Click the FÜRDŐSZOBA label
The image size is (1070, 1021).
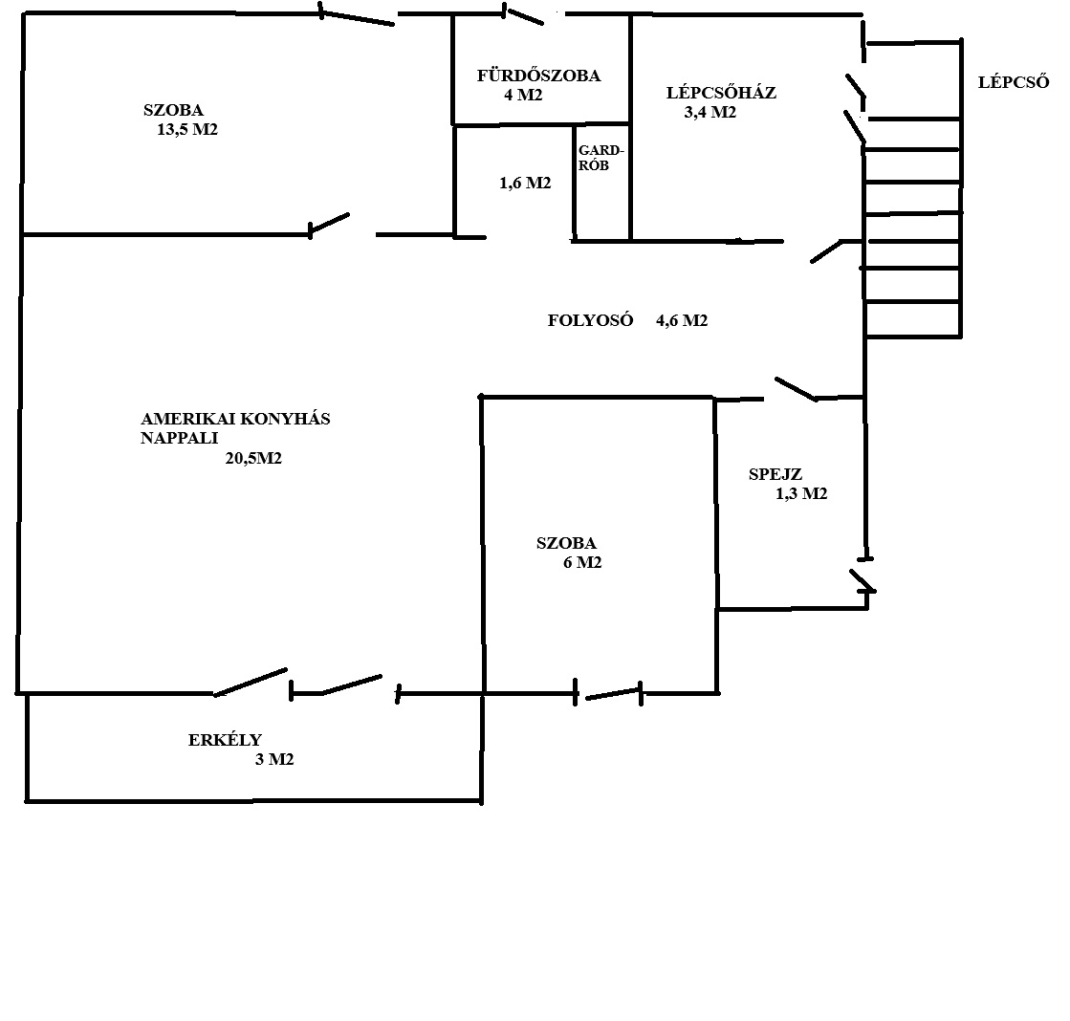click(x=538, y=75)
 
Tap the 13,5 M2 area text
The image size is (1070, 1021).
click(x=187, y=130)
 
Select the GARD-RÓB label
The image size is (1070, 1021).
click(x=601, y=158)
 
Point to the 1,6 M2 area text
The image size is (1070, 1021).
click(x=525, y=183)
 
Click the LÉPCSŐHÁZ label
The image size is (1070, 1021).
click(x=721, y=92)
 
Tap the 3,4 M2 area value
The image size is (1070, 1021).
click(x=710, y=112)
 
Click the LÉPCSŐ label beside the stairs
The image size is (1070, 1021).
click(x=1014, y=82)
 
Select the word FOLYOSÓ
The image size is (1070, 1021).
click(x=590, y=320)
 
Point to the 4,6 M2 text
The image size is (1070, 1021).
click(x=682, y=320)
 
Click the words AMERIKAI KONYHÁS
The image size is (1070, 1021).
click(x=235, y=418)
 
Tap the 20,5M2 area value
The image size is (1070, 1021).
click(x=253, y=458)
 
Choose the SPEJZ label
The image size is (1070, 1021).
click(x=775, y=474)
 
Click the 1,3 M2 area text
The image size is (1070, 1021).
click(x=801, y=494)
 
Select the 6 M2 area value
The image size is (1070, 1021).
click(x=582, y=563)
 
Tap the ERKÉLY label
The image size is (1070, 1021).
click(x=226, y=739)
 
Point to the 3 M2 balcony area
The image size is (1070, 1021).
click(x=274, y=759)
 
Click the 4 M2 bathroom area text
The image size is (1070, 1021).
click(x=523, y=95)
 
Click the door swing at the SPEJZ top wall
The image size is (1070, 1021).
click(x=795, y=388)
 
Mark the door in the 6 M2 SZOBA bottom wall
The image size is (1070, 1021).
click(x=608, y=694)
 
